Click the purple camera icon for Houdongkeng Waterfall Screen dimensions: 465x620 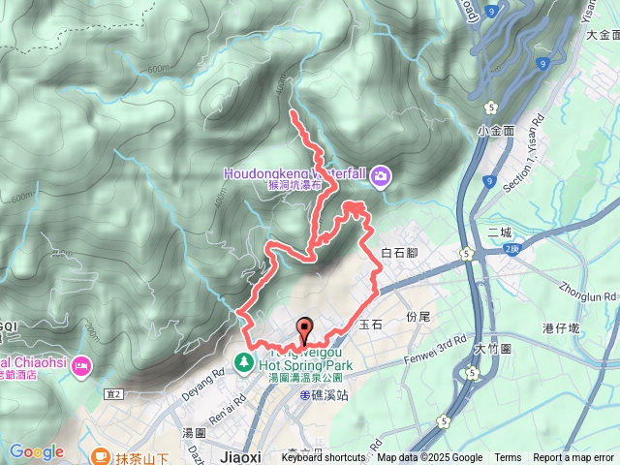click(381, 175)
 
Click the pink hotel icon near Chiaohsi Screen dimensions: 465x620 click(80, 365)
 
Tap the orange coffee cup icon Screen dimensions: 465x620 click(100, 453)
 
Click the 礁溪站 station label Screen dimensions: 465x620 click(325, 395)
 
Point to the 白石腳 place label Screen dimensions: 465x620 click(398, 252)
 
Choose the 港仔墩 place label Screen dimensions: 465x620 click(588, 329)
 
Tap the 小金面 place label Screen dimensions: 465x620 click(494, 130)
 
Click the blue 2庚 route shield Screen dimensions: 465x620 click(511, 248)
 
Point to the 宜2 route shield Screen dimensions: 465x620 click(115, 394)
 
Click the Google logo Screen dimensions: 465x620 click(36, 451)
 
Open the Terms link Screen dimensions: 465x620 click(508, 458)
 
